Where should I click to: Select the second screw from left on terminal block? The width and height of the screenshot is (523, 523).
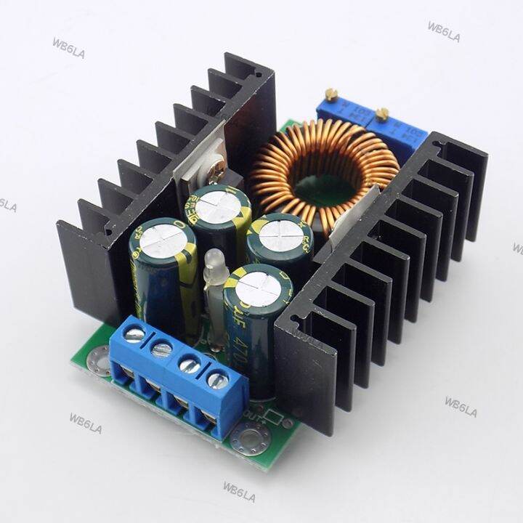click(x=161, y=349)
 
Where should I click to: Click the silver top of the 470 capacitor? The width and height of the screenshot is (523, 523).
click(x=258, y=280)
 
